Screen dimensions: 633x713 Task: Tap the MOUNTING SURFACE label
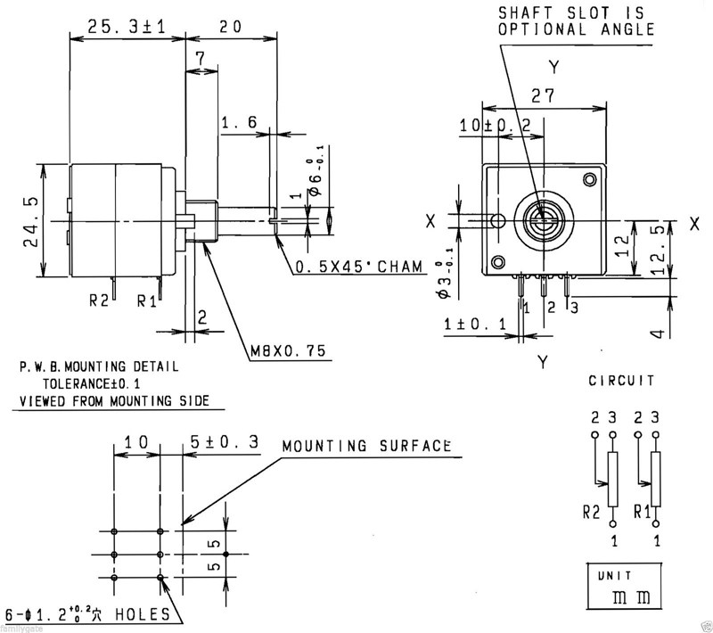(365, 446)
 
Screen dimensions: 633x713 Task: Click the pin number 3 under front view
(574, 308)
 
